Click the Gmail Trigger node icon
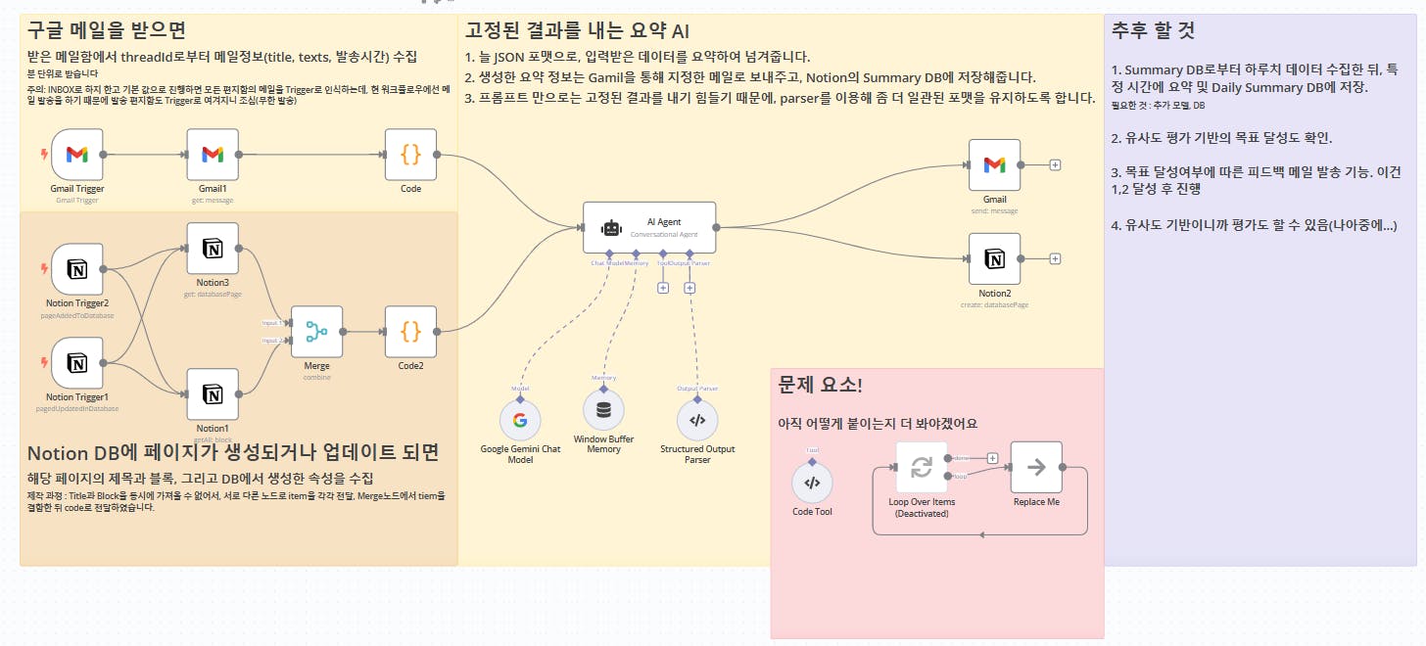76,155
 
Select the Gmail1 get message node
213,155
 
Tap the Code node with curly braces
410,155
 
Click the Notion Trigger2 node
76,269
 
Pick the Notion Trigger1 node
76,363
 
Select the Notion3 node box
213,249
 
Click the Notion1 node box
213,394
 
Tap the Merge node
316,332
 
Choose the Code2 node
410,332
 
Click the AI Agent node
649,227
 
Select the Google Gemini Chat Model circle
520,420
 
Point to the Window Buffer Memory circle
603,409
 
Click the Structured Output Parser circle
697,420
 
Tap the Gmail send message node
994,164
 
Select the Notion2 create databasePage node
994,258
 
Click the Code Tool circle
812,483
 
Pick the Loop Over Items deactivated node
922,467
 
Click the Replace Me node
1035,467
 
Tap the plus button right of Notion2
1055,258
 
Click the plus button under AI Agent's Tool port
663,288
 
